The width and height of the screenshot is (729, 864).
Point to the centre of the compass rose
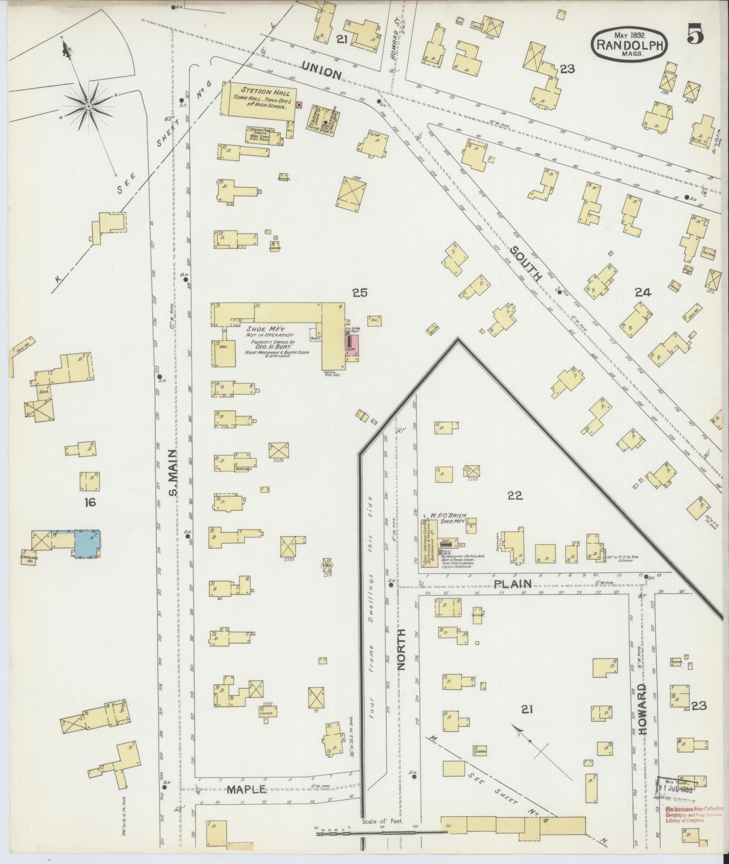pyautogui.click(x=89, y=106)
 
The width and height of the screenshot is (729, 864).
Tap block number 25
pyautogui.click(x=360, y=293)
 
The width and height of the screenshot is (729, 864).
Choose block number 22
pyautogui.click(x=515, y=496)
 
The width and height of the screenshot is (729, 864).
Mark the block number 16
pyautogui.click(x=90, y=502)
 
